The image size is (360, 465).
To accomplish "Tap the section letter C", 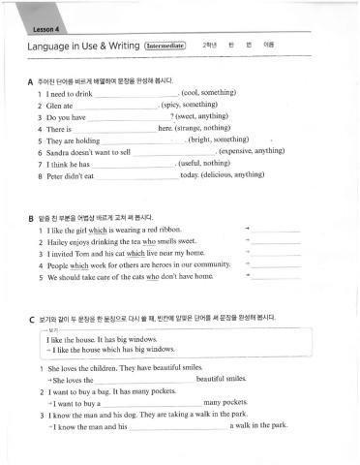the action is (x=31, y=319).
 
